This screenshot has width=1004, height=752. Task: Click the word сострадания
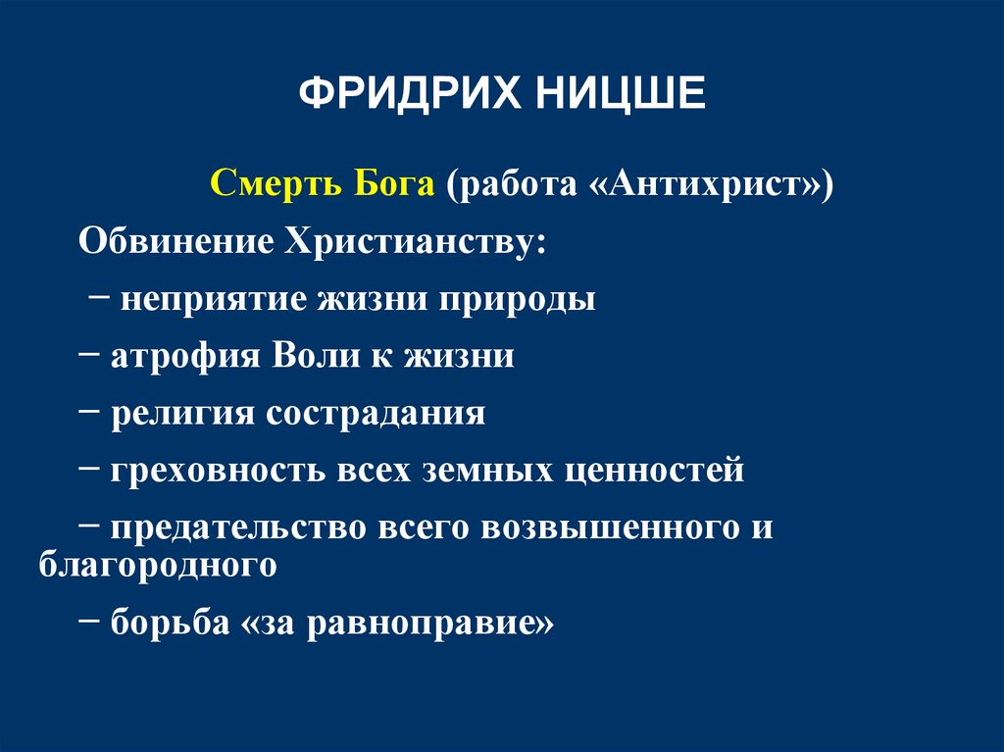tap(376, 413)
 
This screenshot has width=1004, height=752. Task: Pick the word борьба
tap(168, 623)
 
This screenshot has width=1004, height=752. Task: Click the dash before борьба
tap(94, 621)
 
